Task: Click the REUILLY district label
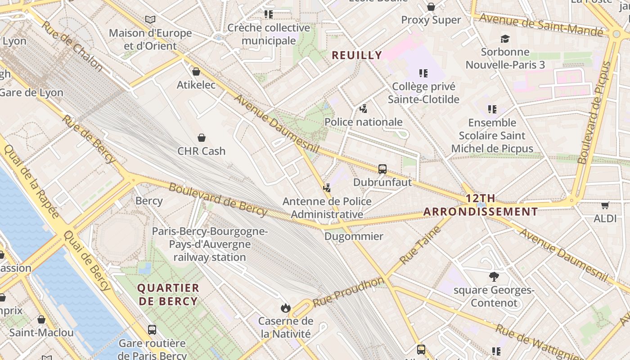click(357, 55)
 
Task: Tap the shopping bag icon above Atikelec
click(196, 72)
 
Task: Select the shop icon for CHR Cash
click(202, 138)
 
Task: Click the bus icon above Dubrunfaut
click(382, 169)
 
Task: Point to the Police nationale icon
click(364, 108)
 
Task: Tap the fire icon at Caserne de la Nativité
click(285, 308)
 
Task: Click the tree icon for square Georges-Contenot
click(494, 277)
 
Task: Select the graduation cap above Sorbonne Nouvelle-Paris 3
click(505, 39)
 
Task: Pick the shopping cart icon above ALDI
click(605, 205)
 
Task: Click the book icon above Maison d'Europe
click(150, 20)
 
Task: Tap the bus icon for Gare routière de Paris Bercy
click(152, 330)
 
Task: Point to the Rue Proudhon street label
click(349, 292)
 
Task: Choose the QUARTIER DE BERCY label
click(168, 295)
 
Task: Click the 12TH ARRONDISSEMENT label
click(481, 205)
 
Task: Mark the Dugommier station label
click(354, 236)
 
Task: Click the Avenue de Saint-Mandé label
click(541, 25)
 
